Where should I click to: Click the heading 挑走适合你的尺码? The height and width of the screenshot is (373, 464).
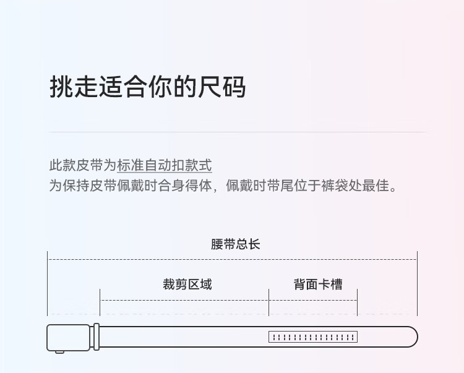pos(147,87)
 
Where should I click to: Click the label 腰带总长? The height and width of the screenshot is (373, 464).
pos(235,244)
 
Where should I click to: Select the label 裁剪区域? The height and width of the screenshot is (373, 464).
pos(187,285)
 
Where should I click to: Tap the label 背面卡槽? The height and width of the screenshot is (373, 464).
pos(318,285)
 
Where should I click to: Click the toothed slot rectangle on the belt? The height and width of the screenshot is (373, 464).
pos(313,337)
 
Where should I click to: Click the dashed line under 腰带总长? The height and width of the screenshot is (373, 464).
pos(233,259)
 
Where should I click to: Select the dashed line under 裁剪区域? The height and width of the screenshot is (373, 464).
pos(184,300)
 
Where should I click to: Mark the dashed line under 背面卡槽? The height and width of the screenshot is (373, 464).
pos(313,300)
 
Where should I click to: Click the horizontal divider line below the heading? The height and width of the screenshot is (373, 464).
pos(237,132)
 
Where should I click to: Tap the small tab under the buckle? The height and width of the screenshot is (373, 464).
pos(59,352)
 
